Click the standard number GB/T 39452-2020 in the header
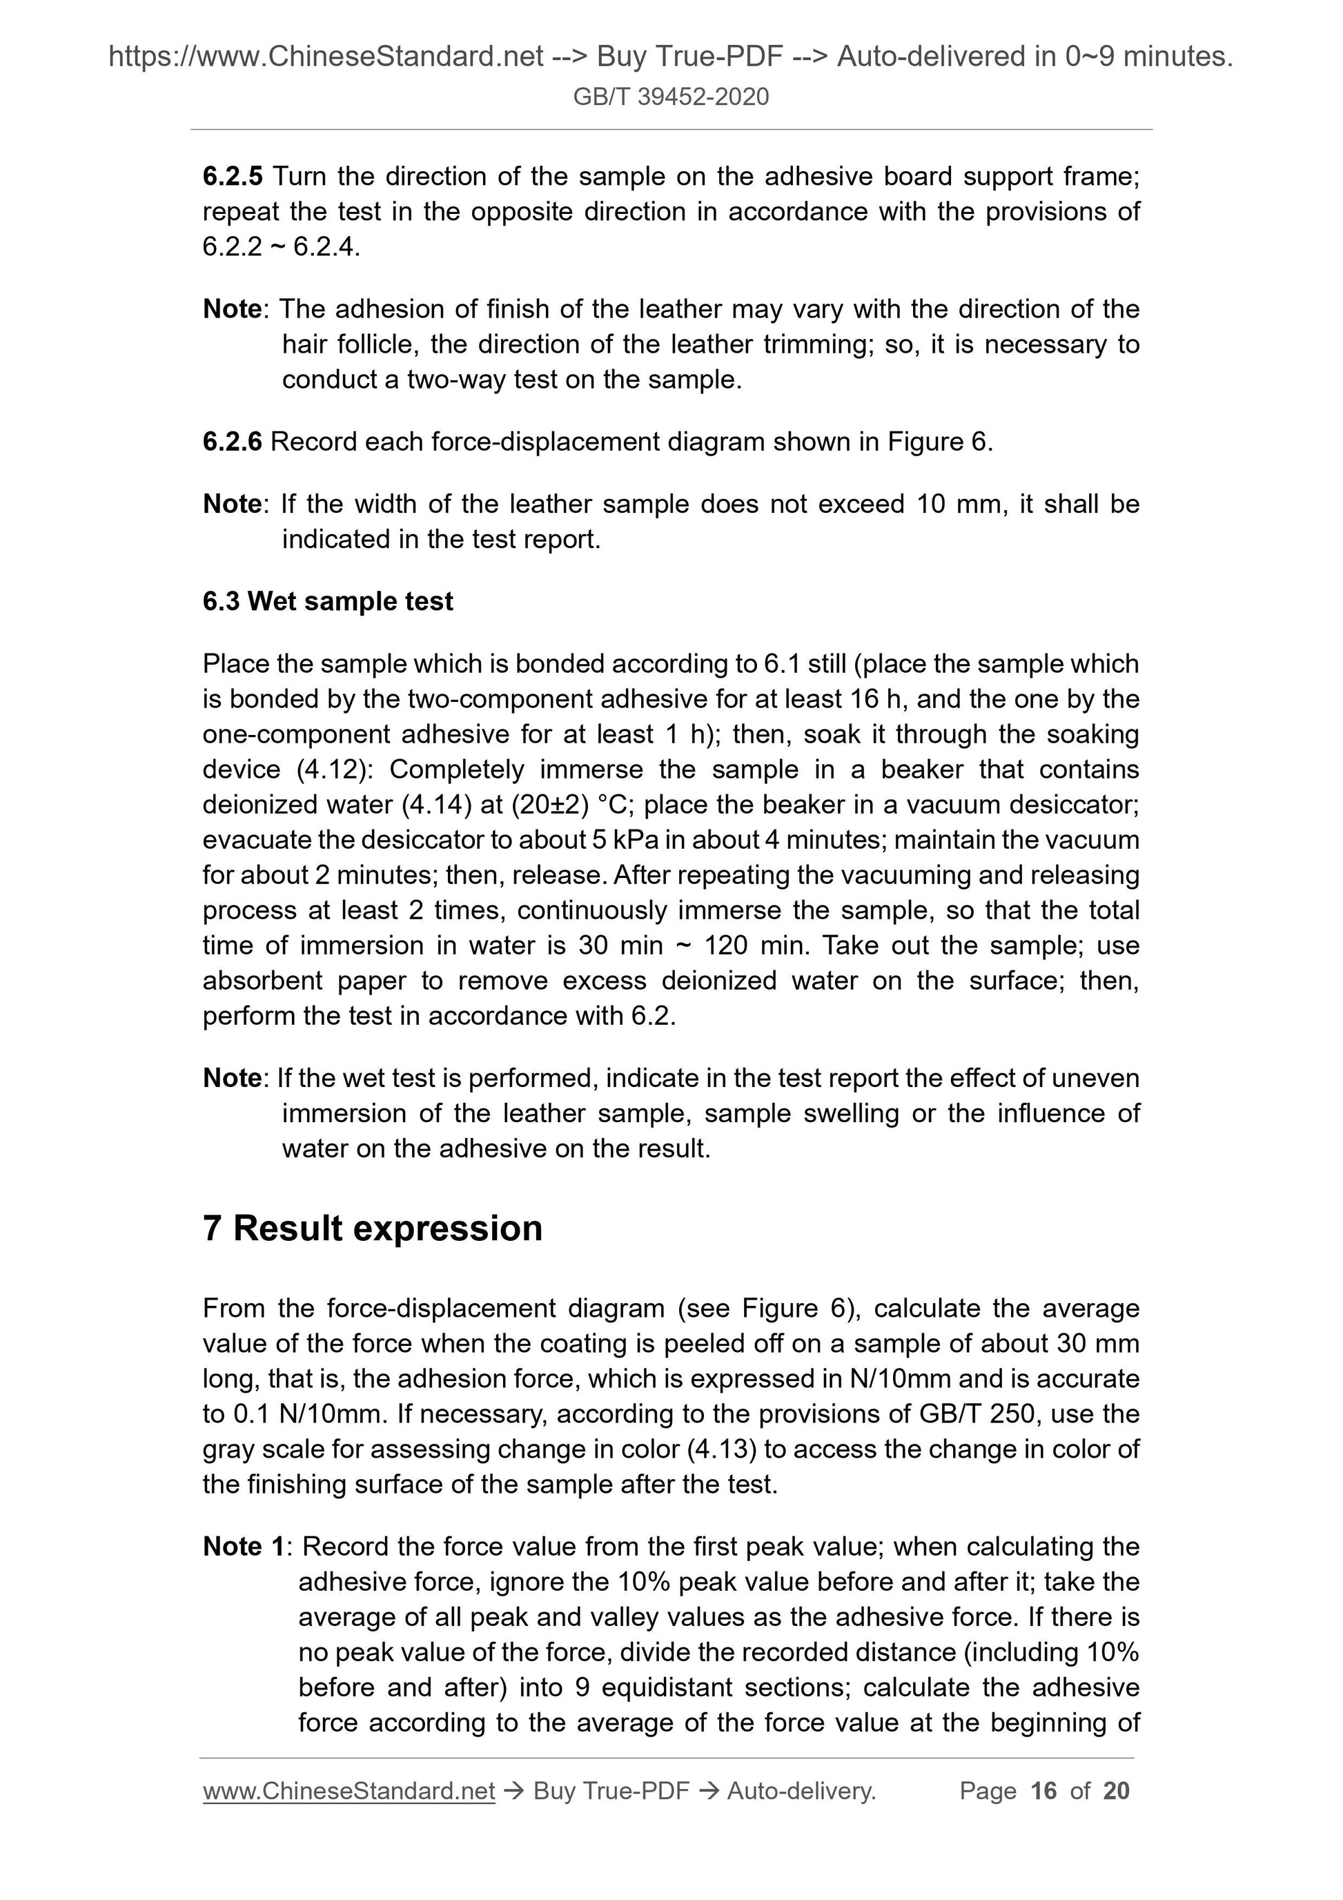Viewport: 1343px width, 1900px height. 670,97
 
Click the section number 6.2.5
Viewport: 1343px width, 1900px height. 233,176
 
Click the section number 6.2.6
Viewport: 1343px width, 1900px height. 232,442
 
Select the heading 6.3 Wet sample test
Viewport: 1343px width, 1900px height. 328,601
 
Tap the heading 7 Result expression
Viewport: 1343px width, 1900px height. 373,1228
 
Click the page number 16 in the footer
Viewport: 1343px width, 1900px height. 1043,1791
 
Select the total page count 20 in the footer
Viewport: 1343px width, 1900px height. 1116,1791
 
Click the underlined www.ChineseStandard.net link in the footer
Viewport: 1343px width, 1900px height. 349,1791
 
